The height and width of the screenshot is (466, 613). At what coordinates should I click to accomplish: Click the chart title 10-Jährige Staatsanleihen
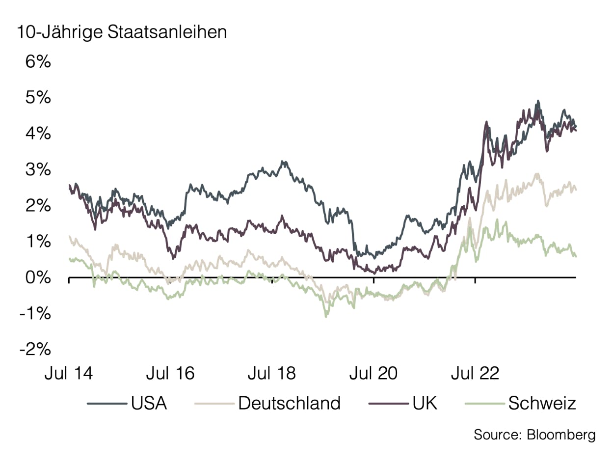tap(122, 32)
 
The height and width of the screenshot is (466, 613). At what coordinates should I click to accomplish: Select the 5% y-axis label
tap(38, 98)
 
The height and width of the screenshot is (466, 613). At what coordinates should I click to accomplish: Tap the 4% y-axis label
tap(38, 134)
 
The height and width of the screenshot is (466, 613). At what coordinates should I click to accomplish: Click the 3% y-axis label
tap(38, 170)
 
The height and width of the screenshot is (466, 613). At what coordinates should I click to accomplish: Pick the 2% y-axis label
tap(38, 206)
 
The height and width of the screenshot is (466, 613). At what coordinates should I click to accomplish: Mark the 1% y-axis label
tap(38, 242)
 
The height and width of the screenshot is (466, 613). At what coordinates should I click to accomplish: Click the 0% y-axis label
tap(38, 278)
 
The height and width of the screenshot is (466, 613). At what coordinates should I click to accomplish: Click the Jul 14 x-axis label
tap(69, 374)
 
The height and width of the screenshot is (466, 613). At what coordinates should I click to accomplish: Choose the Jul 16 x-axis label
tap(170, 374)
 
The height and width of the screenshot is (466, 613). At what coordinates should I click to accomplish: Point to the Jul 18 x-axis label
tap(272, 374)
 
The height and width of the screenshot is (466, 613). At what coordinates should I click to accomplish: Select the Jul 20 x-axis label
tap(373, 374)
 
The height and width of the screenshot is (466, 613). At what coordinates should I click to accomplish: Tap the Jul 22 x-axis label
tap(475, 374)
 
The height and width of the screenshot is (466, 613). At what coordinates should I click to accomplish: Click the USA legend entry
tap(149, 403)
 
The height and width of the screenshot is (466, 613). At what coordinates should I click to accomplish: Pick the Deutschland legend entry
tap(289, 403)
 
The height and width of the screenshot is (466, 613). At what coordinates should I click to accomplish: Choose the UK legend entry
tap(425, 403)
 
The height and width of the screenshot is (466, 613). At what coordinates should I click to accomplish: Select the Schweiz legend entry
tap(542, 403)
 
